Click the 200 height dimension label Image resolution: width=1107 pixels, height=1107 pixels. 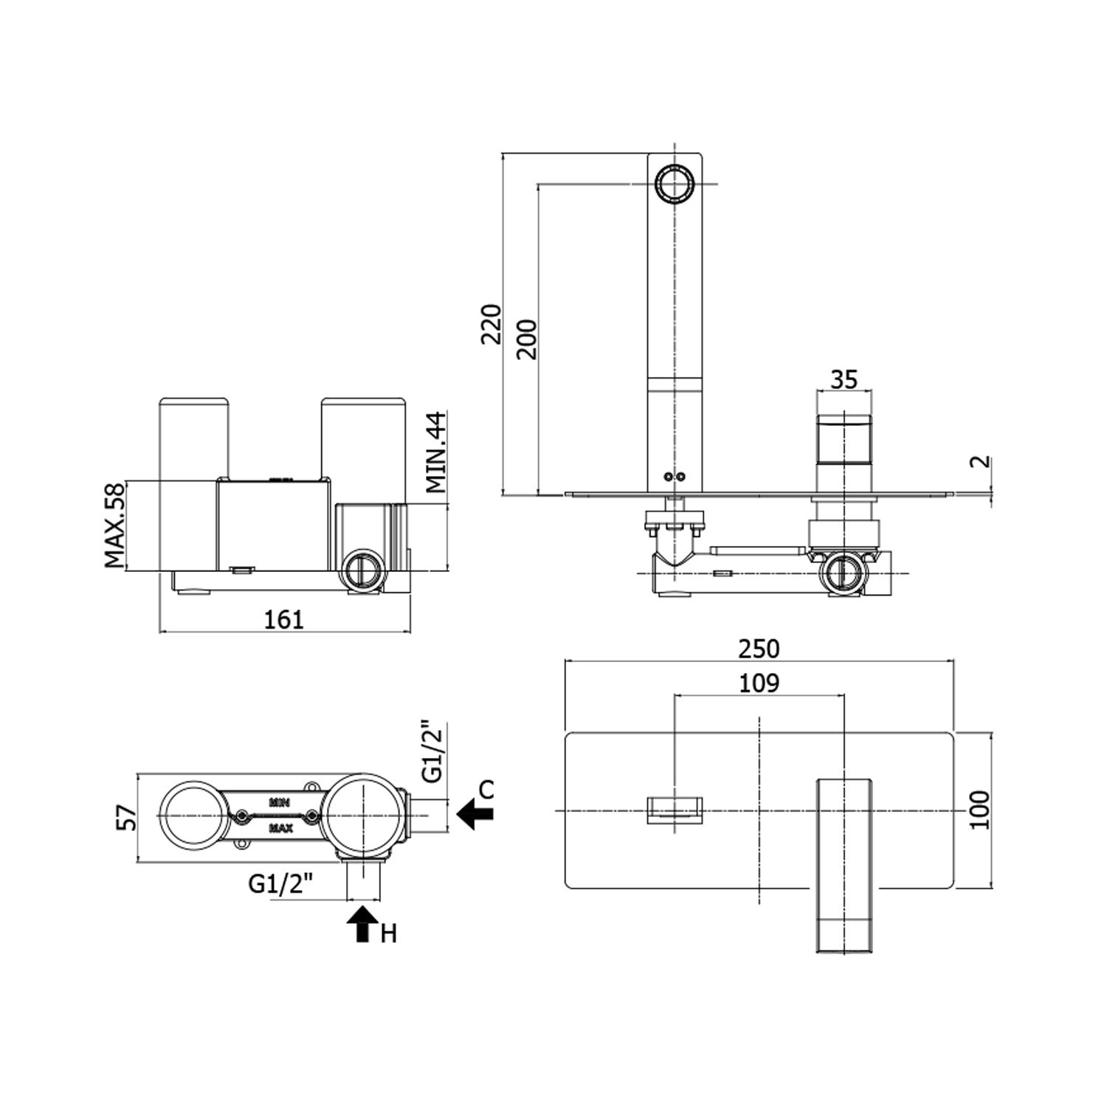527,339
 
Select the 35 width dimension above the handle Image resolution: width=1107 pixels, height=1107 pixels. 844,379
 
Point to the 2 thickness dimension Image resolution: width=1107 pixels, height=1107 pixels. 981,463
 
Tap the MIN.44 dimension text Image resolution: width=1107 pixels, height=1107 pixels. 436,452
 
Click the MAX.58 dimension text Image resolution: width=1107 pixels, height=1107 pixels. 114,525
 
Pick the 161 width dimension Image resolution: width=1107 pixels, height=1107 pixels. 284,619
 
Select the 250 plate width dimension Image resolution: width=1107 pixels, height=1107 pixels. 759,649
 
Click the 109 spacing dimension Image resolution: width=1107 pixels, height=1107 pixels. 759,683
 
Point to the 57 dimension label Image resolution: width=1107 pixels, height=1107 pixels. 127,818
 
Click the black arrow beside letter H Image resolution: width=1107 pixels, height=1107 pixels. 361,924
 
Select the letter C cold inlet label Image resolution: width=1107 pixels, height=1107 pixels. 486,789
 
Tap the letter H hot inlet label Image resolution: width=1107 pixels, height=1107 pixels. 389,934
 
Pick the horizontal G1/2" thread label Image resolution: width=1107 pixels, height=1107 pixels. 281,883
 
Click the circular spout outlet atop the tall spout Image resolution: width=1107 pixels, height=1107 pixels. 674,183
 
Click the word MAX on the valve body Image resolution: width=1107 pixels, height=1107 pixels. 280,828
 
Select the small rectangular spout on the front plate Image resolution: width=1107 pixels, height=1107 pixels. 675,810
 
